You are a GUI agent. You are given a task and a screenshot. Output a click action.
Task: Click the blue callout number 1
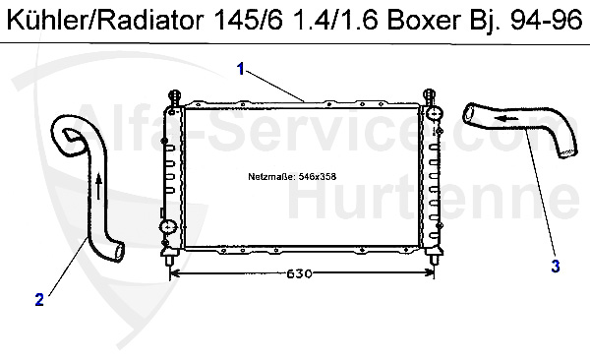coord(241,69)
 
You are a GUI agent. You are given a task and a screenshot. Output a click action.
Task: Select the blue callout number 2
coord(39,300)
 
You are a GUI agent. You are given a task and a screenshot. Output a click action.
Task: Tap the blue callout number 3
coord(556,267)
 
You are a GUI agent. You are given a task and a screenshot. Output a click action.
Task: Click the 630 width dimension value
coord(300,273)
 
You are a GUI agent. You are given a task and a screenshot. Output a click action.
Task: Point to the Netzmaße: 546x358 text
coord(292,177)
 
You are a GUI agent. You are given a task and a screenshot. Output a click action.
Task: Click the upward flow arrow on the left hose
coord(98,186)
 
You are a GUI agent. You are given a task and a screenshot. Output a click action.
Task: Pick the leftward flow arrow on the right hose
coord(506,119)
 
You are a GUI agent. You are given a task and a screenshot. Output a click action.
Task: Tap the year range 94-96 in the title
coord(546,21)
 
